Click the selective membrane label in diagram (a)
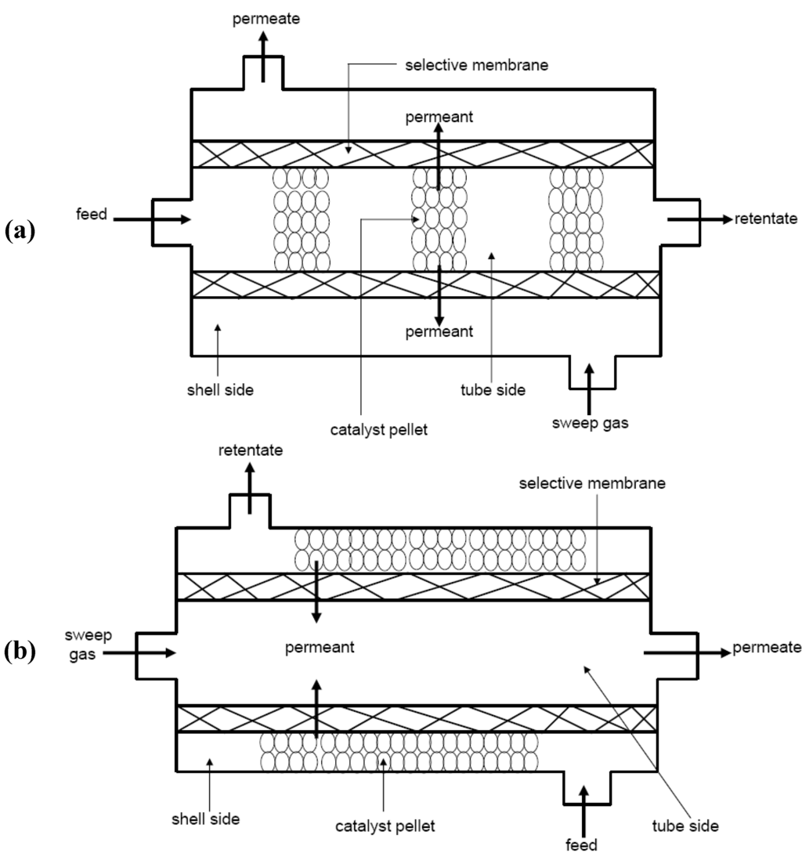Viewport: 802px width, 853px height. point(476,66)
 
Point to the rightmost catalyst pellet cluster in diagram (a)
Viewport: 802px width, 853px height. point(576,218)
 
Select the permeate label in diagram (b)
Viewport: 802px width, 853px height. point(766,648)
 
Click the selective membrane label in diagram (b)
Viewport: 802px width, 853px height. point(592,484)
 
